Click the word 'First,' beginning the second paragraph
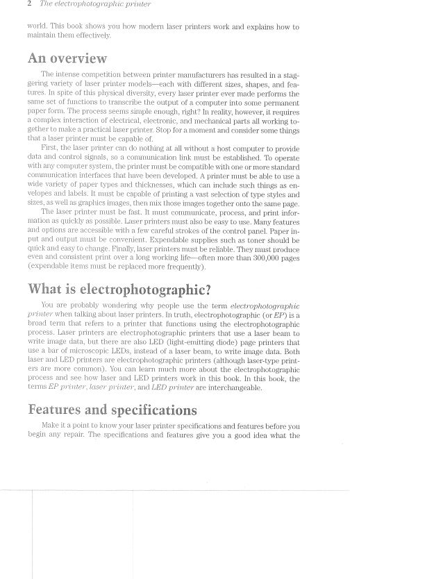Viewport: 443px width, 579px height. tap(53, 149)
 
